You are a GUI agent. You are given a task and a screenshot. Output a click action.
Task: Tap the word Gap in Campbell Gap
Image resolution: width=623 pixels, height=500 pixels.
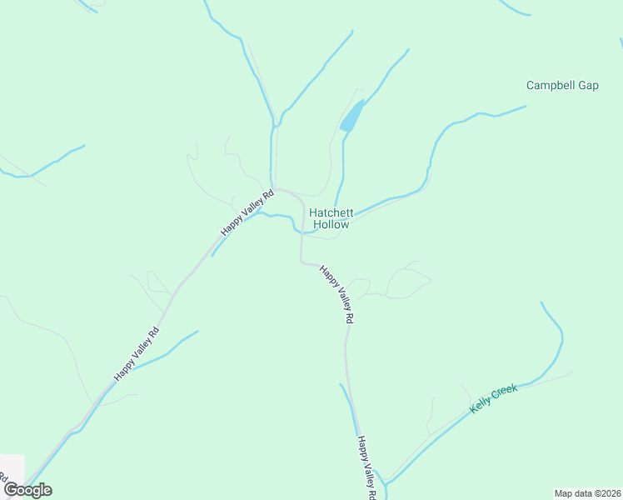point(588,85)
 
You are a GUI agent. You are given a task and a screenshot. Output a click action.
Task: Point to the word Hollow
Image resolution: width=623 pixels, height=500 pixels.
point(331,224)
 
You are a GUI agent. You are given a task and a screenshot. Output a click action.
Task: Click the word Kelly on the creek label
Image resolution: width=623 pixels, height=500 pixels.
point(481,405)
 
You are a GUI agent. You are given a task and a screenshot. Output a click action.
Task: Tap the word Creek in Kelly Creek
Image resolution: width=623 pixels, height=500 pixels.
point(505,391)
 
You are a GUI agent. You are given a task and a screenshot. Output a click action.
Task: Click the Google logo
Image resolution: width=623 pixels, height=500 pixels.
point(27,490)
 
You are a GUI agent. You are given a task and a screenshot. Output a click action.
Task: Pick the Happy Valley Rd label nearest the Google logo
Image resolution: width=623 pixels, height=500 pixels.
point(137,353)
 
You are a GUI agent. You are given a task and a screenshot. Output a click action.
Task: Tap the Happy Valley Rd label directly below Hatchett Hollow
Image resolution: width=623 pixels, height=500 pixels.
point(338,294)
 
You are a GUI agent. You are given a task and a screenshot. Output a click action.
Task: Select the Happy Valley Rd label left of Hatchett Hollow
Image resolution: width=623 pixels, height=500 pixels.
point(247,212)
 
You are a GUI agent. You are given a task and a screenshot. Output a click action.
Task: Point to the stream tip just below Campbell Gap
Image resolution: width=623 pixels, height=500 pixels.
point(526,106)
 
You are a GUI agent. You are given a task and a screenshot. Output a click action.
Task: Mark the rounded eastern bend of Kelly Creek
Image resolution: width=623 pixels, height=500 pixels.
point(561,339)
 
